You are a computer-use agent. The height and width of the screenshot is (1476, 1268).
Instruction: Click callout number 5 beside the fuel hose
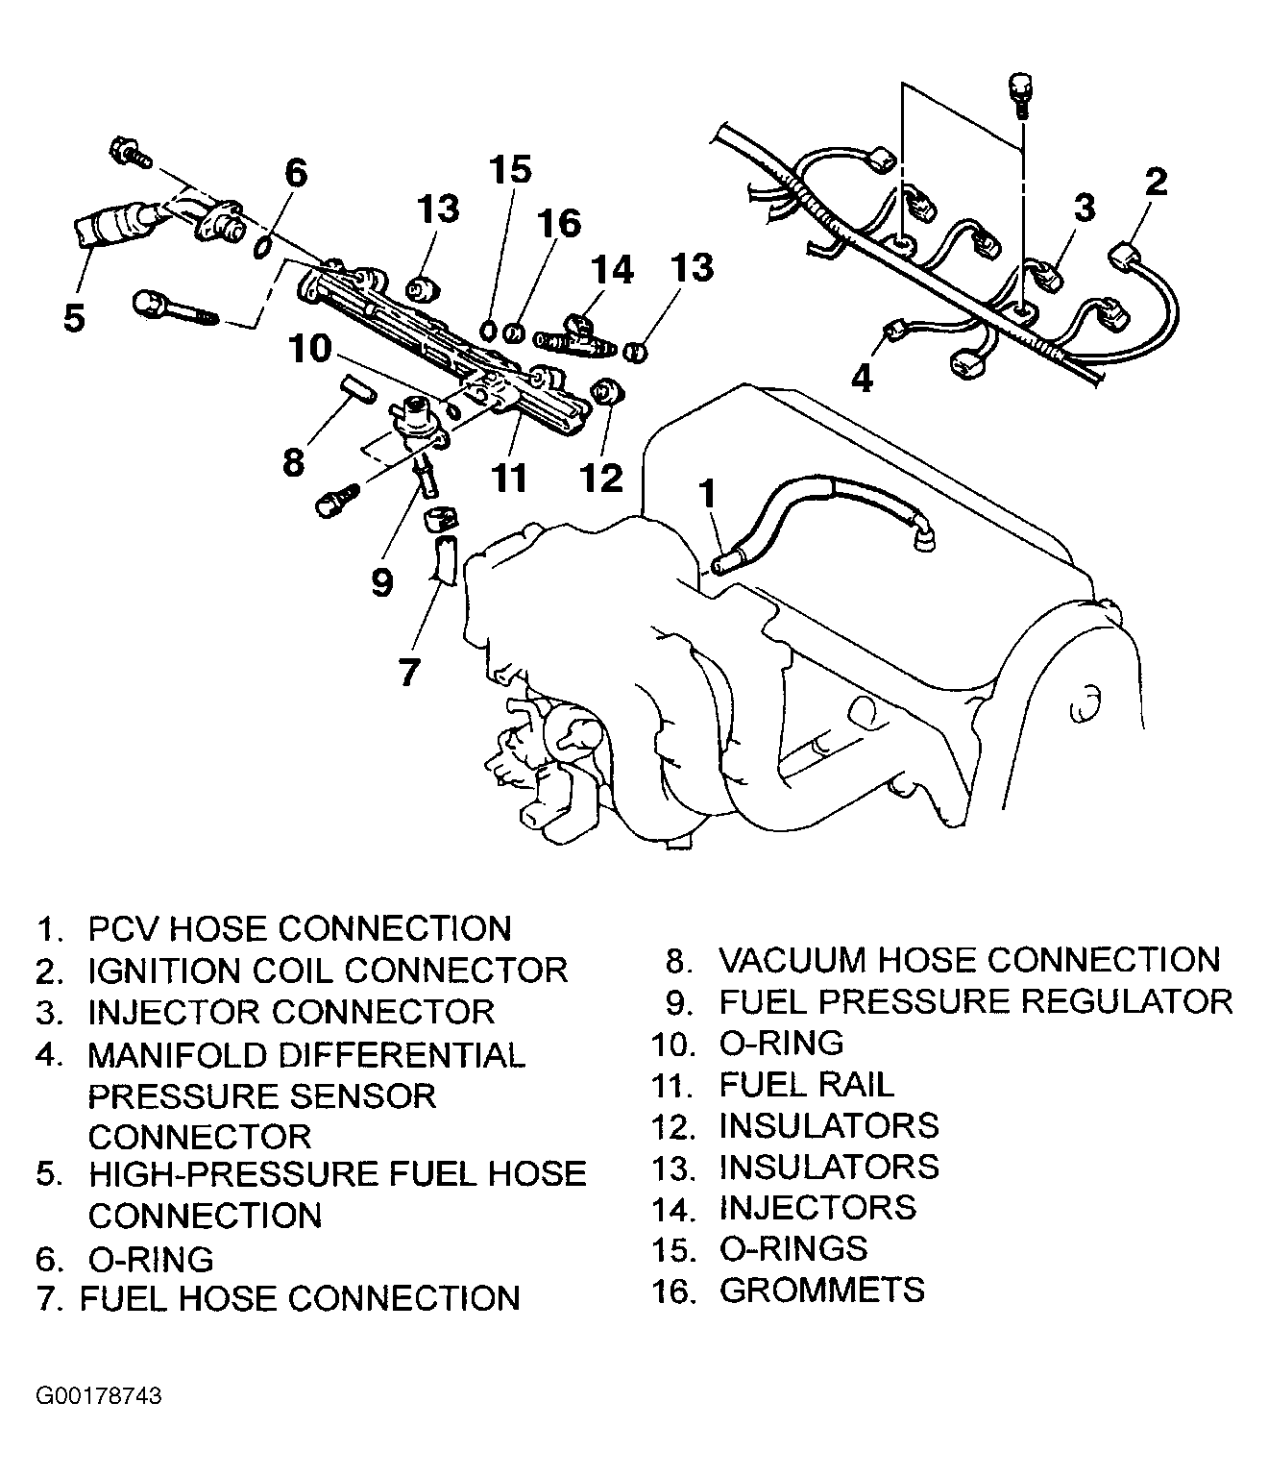74,317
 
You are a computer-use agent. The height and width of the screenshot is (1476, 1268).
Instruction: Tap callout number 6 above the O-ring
296,173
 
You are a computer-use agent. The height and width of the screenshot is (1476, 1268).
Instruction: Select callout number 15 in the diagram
510,170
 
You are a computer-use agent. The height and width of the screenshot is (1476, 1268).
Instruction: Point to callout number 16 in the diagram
559,224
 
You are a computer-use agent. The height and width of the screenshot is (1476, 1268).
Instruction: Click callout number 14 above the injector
613,269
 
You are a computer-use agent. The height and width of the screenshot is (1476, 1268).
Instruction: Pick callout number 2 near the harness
1156,182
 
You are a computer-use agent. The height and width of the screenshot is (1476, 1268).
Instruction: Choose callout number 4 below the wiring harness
863,378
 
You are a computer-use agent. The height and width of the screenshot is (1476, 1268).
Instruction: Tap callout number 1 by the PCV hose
707,493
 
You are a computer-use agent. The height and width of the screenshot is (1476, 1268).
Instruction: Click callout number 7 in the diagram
409,673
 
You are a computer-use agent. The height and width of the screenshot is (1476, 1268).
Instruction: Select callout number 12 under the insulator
602,478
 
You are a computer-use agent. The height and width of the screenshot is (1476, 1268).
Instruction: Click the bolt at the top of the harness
1020,93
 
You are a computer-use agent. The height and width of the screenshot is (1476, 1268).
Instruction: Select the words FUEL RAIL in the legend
806,1085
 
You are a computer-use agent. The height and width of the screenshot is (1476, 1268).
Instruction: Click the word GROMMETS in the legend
821,1291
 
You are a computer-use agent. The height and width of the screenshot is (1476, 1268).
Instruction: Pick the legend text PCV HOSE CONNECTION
299,928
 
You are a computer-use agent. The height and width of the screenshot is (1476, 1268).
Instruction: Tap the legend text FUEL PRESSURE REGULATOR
976,1002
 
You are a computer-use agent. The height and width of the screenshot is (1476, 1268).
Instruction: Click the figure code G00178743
99,1411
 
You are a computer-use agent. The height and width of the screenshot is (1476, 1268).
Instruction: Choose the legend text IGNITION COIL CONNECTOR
328,970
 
